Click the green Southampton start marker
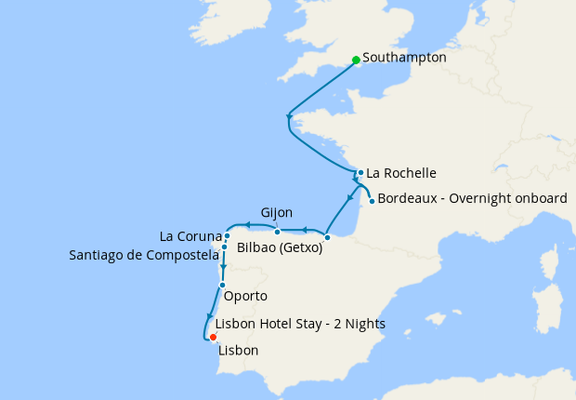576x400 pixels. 356,60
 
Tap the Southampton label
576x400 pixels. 404,58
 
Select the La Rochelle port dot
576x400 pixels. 360,172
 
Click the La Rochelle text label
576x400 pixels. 401,173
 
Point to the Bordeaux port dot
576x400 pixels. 372,201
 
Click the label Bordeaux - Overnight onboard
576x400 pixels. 472,198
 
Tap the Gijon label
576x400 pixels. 278,213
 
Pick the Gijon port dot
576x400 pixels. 277,231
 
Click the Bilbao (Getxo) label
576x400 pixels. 280,248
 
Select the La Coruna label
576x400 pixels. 191,235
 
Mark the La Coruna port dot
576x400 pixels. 227,235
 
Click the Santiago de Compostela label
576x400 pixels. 143,255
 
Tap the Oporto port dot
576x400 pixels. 222,285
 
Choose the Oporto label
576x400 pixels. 246,297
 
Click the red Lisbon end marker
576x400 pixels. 213,337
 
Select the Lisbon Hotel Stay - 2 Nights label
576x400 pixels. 299,324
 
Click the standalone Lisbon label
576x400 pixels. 238,351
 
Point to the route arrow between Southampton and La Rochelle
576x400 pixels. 289,116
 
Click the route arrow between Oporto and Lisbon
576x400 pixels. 208,315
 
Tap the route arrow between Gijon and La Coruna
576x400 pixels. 248,224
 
